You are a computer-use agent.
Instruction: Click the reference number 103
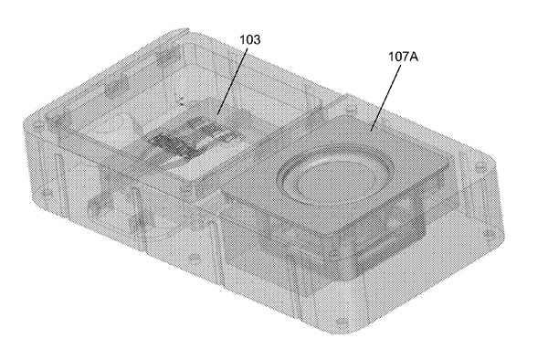coord(250,39)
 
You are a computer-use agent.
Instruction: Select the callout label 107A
coord(404,57)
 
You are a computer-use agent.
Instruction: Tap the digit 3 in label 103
coord(257,39)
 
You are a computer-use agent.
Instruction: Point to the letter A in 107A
coord(414,57)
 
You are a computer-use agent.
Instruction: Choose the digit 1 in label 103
coord(242,39)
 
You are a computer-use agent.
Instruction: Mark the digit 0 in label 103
coord(249,39)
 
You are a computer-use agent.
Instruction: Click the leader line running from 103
coord(233,81)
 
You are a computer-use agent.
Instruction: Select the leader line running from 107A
coord(385,99)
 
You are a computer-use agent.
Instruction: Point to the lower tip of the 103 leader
coord(217,115)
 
